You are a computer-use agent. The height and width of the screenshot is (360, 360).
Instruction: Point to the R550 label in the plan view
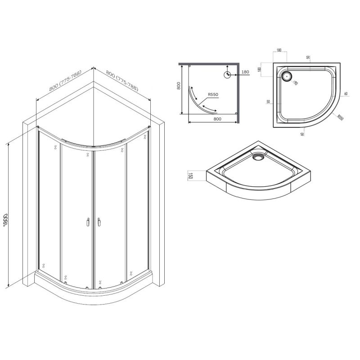[213, 94]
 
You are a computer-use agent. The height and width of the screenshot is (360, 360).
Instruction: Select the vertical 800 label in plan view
[178, 85]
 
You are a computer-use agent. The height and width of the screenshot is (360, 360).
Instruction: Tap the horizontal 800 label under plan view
[217, 119]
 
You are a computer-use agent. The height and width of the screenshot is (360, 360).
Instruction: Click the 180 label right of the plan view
[245, 72]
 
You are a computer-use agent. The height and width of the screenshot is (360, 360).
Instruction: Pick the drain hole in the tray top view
[286, 76]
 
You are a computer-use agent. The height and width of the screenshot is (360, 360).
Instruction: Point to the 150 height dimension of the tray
[190, 176]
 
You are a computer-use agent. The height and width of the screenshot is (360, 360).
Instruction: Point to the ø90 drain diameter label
[295, 82]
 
